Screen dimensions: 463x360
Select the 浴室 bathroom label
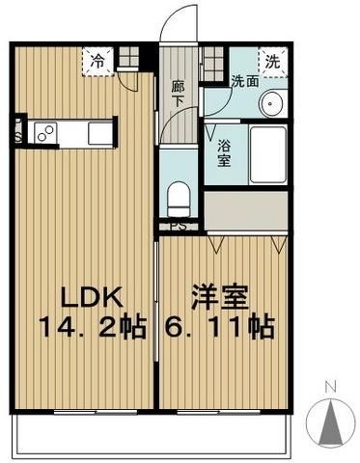224,154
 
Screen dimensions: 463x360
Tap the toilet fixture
180,199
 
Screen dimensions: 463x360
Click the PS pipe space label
178,227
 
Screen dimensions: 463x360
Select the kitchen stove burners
43,133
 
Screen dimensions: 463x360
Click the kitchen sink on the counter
99,133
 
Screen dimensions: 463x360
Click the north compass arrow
330,422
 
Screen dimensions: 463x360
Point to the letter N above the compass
330,390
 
